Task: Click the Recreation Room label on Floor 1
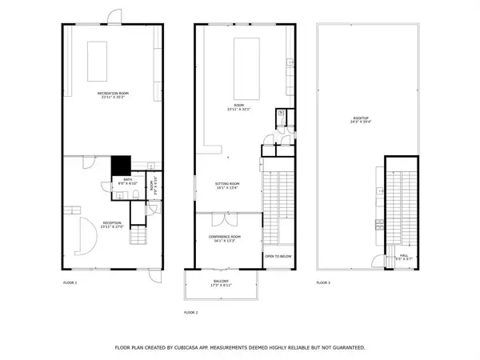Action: click(x=114, y=97)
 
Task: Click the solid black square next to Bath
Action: click(x=119, y=164)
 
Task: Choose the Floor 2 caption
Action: click(x=190, y=312)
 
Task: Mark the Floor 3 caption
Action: click(x=323, y=282)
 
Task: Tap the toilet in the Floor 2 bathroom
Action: click(x=282, y=115)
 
